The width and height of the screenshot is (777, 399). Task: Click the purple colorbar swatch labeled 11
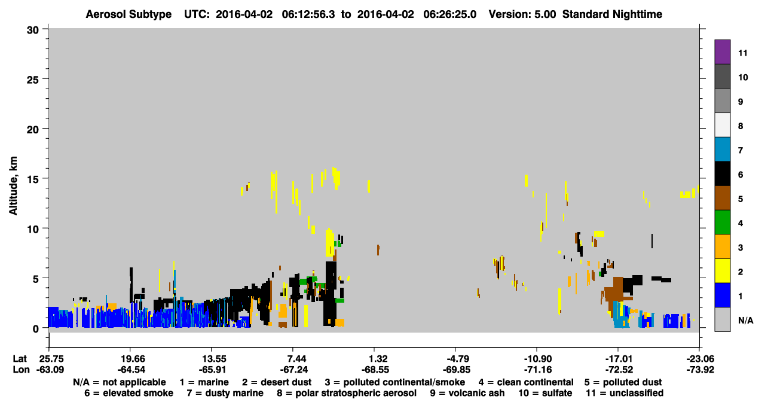pos(722,51)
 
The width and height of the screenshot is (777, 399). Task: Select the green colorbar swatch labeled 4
pos(722,223)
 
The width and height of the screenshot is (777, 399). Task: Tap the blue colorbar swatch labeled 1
pos(722,295)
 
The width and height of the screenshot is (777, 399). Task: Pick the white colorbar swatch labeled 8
pos(722,125)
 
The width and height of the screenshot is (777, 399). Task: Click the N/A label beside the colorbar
pos(745,320)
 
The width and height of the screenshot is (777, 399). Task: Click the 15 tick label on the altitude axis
pos(33,179)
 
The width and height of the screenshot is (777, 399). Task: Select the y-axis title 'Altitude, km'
pos(13,186)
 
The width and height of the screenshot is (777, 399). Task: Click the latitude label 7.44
pos(293,359)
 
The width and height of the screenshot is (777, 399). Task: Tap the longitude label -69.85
pos(456,370)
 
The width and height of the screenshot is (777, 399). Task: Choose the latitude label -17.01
pos(619,359)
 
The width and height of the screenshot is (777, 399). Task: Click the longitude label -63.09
pos(50,370)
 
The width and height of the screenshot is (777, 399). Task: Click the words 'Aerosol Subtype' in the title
pos(129,14)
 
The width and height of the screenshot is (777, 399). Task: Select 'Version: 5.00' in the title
pos(522,14)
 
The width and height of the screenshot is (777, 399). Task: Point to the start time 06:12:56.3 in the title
pos(308,14)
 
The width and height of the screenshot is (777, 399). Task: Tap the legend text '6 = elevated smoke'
pos(129,393)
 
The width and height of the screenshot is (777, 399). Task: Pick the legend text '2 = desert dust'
pos(277,382)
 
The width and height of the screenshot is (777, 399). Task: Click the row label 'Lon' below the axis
pos(21,370)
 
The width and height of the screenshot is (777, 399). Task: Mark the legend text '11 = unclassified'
pos(625,393)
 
